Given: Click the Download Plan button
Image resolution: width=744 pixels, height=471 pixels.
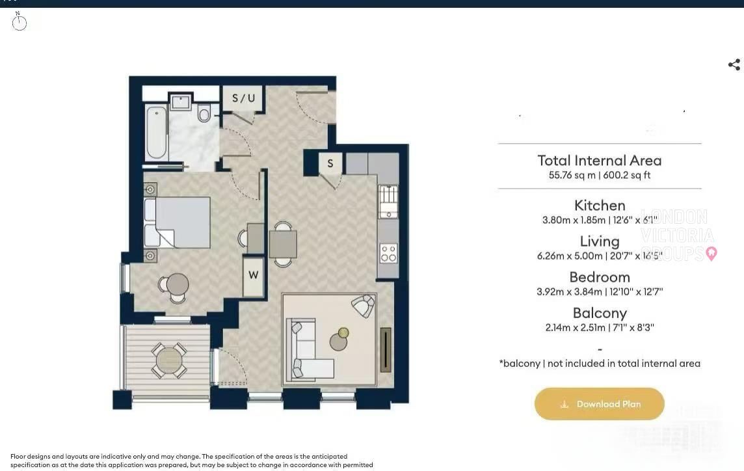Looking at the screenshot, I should coord(599,404).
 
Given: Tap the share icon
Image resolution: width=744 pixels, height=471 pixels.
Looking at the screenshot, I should coord(734,64).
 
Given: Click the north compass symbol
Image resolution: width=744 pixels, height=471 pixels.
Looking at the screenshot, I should coord(20,23).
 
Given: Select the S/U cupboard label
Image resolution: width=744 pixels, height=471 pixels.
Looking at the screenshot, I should coord(243,98).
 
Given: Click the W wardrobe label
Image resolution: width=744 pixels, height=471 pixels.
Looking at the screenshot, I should coord(254,275).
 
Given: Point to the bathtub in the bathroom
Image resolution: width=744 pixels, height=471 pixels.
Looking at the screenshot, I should coord(156,133).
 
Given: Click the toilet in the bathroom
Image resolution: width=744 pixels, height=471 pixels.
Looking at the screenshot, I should coord(204,114).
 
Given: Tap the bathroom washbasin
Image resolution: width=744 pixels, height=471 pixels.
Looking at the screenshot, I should coord(180,102).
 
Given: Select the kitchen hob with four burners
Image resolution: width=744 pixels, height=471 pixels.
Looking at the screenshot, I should coord(388,253).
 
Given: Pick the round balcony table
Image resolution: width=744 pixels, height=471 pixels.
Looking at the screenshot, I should coord(169,360).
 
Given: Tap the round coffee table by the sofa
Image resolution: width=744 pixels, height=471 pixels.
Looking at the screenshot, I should coord(338,342).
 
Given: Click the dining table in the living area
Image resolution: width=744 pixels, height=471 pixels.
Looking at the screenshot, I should coord(283,245).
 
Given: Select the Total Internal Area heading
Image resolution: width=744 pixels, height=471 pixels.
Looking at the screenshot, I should coord(599,160).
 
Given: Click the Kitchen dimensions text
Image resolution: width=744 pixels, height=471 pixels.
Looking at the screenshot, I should coord(599,221).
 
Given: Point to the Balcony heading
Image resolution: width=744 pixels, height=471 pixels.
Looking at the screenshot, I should coord(599,313).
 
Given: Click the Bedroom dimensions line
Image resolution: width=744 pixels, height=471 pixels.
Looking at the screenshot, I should coord(599,292).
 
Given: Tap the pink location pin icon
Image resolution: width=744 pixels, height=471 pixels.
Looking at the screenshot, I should coord(711,253).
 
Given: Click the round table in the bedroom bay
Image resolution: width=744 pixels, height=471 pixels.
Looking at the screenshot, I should coord(177,284).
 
